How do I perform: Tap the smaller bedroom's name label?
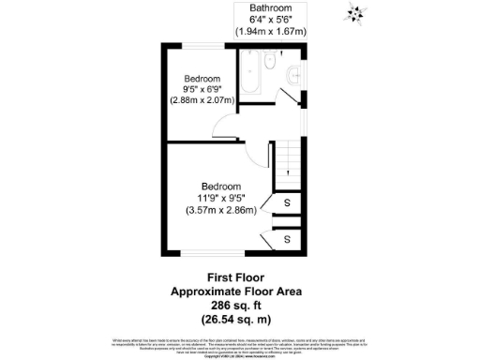coord(202,78)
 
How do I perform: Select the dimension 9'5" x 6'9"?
coord(202,89)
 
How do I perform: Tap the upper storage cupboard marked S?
coord(287,203)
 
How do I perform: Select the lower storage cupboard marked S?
coord(287,240)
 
